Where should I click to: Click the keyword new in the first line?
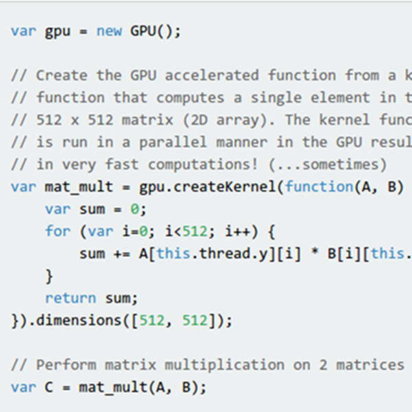point(108,31)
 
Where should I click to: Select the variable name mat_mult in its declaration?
point(79,187)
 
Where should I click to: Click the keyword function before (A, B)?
point(318,187)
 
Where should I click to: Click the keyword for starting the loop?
point(58,231)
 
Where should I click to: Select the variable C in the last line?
point(49,387)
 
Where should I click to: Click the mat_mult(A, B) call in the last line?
point(143,387)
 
